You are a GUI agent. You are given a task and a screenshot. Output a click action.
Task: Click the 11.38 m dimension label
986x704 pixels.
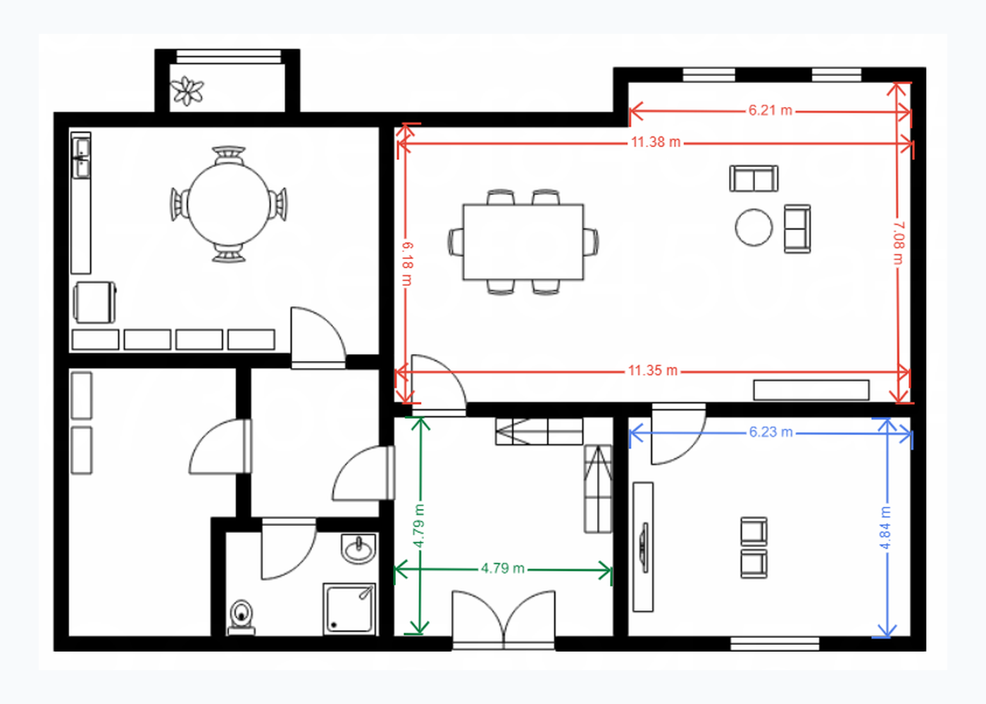point(656,142)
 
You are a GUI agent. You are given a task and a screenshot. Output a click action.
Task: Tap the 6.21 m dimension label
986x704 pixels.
point(770,110)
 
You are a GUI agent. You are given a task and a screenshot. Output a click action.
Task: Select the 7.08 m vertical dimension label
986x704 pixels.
point(899,244)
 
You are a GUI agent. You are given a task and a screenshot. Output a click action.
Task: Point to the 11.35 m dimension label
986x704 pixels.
point(652,370)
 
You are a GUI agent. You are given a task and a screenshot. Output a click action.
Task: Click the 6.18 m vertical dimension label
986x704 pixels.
point(407,263)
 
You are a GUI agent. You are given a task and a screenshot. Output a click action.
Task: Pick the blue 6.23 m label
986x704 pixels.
point(770,432)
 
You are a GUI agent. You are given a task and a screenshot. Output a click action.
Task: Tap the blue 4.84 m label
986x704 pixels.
point(885,527)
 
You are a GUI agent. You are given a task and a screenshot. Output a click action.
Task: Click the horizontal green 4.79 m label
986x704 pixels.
point(503,569)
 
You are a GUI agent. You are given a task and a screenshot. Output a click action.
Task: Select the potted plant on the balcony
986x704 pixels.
point(187,91)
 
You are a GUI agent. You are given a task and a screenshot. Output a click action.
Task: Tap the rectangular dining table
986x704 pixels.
point(523,241)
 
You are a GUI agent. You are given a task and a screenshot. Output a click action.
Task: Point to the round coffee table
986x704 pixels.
point(754,227)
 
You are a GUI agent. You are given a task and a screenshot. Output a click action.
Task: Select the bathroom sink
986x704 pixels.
point(358,548)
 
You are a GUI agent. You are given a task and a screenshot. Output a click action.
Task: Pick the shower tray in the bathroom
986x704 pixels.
point(349,609)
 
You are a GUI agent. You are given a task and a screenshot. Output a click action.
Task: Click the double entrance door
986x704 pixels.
point(504,620)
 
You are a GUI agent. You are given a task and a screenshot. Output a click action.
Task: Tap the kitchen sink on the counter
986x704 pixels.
point(81,156)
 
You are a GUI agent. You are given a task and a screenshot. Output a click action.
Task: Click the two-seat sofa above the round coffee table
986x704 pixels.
point(754,179)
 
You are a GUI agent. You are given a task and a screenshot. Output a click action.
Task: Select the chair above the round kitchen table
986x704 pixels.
point(228,155)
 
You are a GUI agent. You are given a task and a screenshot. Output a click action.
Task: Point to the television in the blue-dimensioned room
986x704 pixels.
point(645,548)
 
